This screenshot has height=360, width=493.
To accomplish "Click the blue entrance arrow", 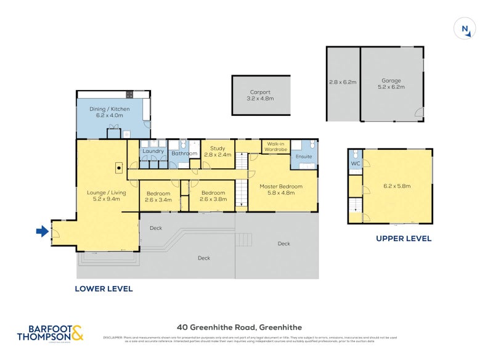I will [42, 232].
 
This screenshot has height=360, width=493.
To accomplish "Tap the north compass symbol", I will [464, 29].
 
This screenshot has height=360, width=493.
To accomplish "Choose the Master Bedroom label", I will [281, 186].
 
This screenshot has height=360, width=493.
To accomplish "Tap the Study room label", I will [218, 148].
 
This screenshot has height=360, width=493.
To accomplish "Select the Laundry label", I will [152, 151].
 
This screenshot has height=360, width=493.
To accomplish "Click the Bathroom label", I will [184, 153].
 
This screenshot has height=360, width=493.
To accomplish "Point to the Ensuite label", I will [303, 157].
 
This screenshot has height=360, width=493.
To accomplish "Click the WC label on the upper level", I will [355, 164].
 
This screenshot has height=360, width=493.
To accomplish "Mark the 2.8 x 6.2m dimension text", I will [342, 81].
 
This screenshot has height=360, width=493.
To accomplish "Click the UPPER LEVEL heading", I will [404, 239].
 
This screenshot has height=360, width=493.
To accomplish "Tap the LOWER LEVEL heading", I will [104, 288].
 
